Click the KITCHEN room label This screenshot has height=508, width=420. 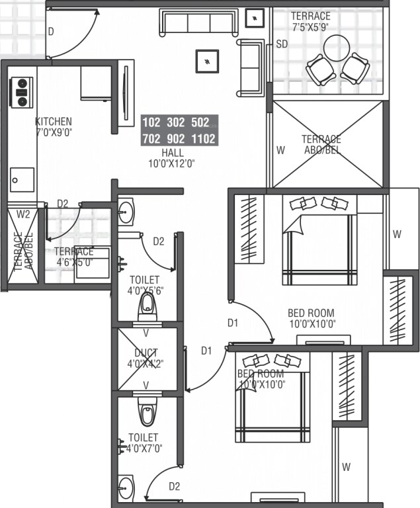(53, 122)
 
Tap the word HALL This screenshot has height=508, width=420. (172, 152)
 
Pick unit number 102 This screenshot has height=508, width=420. (151, 122)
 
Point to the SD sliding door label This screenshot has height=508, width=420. (282, 44)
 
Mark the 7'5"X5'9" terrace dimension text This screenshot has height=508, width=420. (311, 27)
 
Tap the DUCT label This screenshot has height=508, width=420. (147, 353)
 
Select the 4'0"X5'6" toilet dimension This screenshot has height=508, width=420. (146, 290)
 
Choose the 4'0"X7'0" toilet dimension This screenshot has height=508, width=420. (144, 448)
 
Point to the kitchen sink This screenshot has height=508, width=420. (22, 179)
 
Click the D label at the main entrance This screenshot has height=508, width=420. (51, 31)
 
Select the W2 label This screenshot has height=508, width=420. (23, 214)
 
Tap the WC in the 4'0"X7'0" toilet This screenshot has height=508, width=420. (147, 411)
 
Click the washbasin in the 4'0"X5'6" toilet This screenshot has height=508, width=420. (126, 213)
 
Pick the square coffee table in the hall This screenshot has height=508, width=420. (208, 61)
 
